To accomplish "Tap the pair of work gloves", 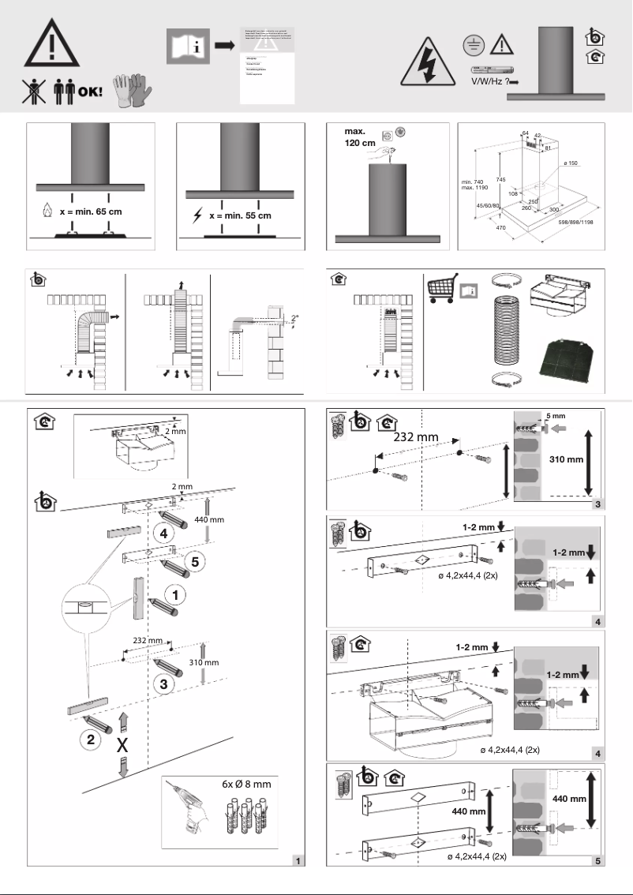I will point(131,90).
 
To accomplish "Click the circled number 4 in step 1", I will point(163,534).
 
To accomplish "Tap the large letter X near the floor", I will point(123,746).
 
